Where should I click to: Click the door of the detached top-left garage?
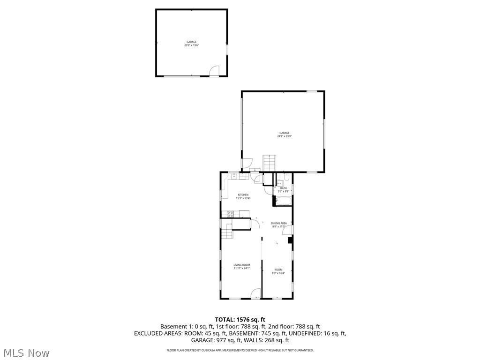(214, 70)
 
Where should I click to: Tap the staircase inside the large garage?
(269, 164)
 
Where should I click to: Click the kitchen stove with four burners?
(230, 214)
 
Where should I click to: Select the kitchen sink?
(234, 176)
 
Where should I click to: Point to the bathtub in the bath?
(284, 201)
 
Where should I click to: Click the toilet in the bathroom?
(287, 178)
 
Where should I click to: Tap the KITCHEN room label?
(243, 195)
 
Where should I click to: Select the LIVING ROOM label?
(242, 265)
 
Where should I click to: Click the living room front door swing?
(256, 294)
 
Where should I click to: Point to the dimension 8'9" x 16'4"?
(278, 273)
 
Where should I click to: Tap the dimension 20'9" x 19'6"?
(191, 45)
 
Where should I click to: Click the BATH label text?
(283, 188)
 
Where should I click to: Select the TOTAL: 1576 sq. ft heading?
(240, 319)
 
